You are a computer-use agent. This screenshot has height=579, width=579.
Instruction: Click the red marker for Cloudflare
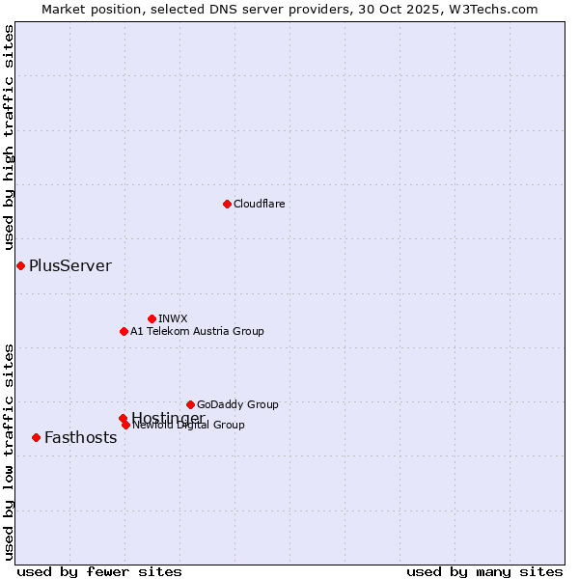click(x=227, y=204)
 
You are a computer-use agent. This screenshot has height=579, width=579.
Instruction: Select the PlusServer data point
click(x=20, y=265)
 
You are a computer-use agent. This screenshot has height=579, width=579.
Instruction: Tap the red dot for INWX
click(x=152, y=318)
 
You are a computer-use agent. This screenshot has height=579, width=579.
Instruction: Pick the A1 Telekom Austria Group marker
click(x=124, y=331)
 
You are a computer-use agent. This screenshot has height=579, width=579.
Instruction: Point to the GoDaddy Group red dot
click(x=190, y=404)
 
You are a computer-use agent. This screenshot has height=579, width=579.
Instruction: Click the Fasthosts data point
click(x=36, y=437)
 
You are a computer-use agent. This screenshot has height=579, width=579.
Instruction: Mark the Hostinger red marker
click(x=123, y=418)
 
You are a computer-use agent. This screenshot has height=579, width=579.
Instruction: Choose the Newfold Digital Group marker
click(x=125, y=425)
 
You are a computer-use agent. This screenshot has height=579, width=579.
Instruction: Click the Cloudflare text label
click(x=260, y=204)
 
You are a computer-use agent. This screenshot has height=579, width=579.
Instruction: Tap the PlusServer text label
click(x=70, y=265)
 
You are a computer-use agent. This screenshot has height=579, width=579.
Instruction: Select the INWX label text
click(x=173, y=318)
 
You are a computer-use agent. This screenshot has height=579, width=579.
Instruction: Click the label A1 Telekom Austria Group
click(x=197, y=331)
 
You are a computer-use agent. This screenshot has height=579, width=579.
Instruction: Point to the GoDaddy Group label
click(x=237, y=404)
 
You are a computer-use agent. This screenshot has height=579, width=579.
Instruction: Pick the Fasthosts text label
click(x=81, y=437)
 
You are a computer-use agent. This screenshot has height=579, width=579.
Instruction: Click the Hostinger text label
click(x=168, y=417)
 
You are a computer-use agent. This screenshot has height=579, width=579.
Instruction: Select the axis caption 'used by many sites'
click(x=484, y=571)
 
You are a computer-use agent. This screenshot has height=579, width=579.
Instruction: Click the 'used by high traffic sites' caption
click(x=9, y=138)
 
